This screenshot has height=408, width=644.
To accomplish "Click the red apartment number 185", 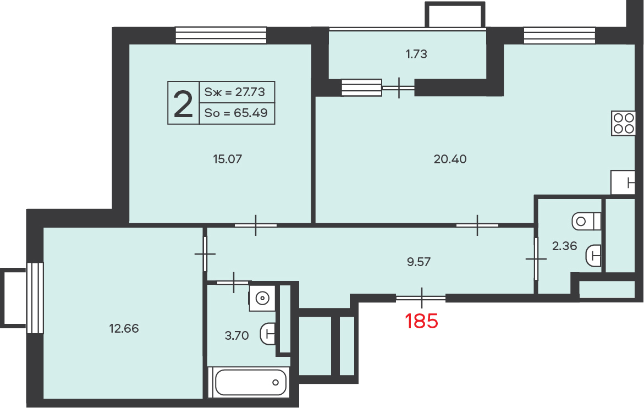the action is (x=421, y=321).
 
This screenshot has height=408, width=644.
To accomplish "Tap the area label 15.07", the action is (x=228, y=159).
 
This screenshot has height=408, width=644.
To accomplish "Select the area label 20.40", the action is (x=450, y=159).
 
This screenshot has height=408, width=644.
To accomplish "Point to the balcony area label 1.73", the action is (x=416, y=54).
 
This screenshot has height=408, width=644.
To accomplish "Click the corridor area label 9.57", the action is (x=419, y=262).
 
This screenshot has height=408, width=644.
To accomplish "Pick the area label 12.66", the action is (x=124, y=328).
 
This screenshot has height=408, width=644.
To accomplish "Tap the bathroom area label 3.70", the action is (x=236, y=336).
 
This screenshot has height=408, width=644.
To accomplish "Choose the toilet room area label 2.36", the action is (x=564, y=246).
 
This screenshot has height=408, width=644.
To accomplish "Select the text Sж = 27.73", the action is (x=234, y=92).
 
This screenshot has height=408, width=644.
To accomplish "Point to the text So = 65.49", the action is (x=236, y=113).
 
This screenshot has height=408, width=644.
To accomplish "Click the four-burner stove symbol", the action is (x=623, y=123).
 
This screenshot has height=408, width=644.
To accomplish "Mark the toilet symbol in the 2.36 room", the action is (x=586, y=222).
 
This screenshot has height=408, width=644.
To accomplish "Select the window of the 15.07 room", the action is (x=221, y=35).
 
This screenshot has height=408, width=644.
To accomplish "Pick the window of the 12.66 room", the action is (x=35, y=298).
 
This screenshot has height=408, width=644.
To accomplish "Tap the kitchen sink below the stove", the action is (x=623, y=182).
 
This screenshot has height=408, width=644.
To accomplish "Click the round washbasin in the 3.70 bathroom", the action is (x=262, y=298).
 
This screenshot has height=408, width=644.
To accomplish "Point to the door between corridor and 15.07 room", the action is (x=256, y=225).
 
